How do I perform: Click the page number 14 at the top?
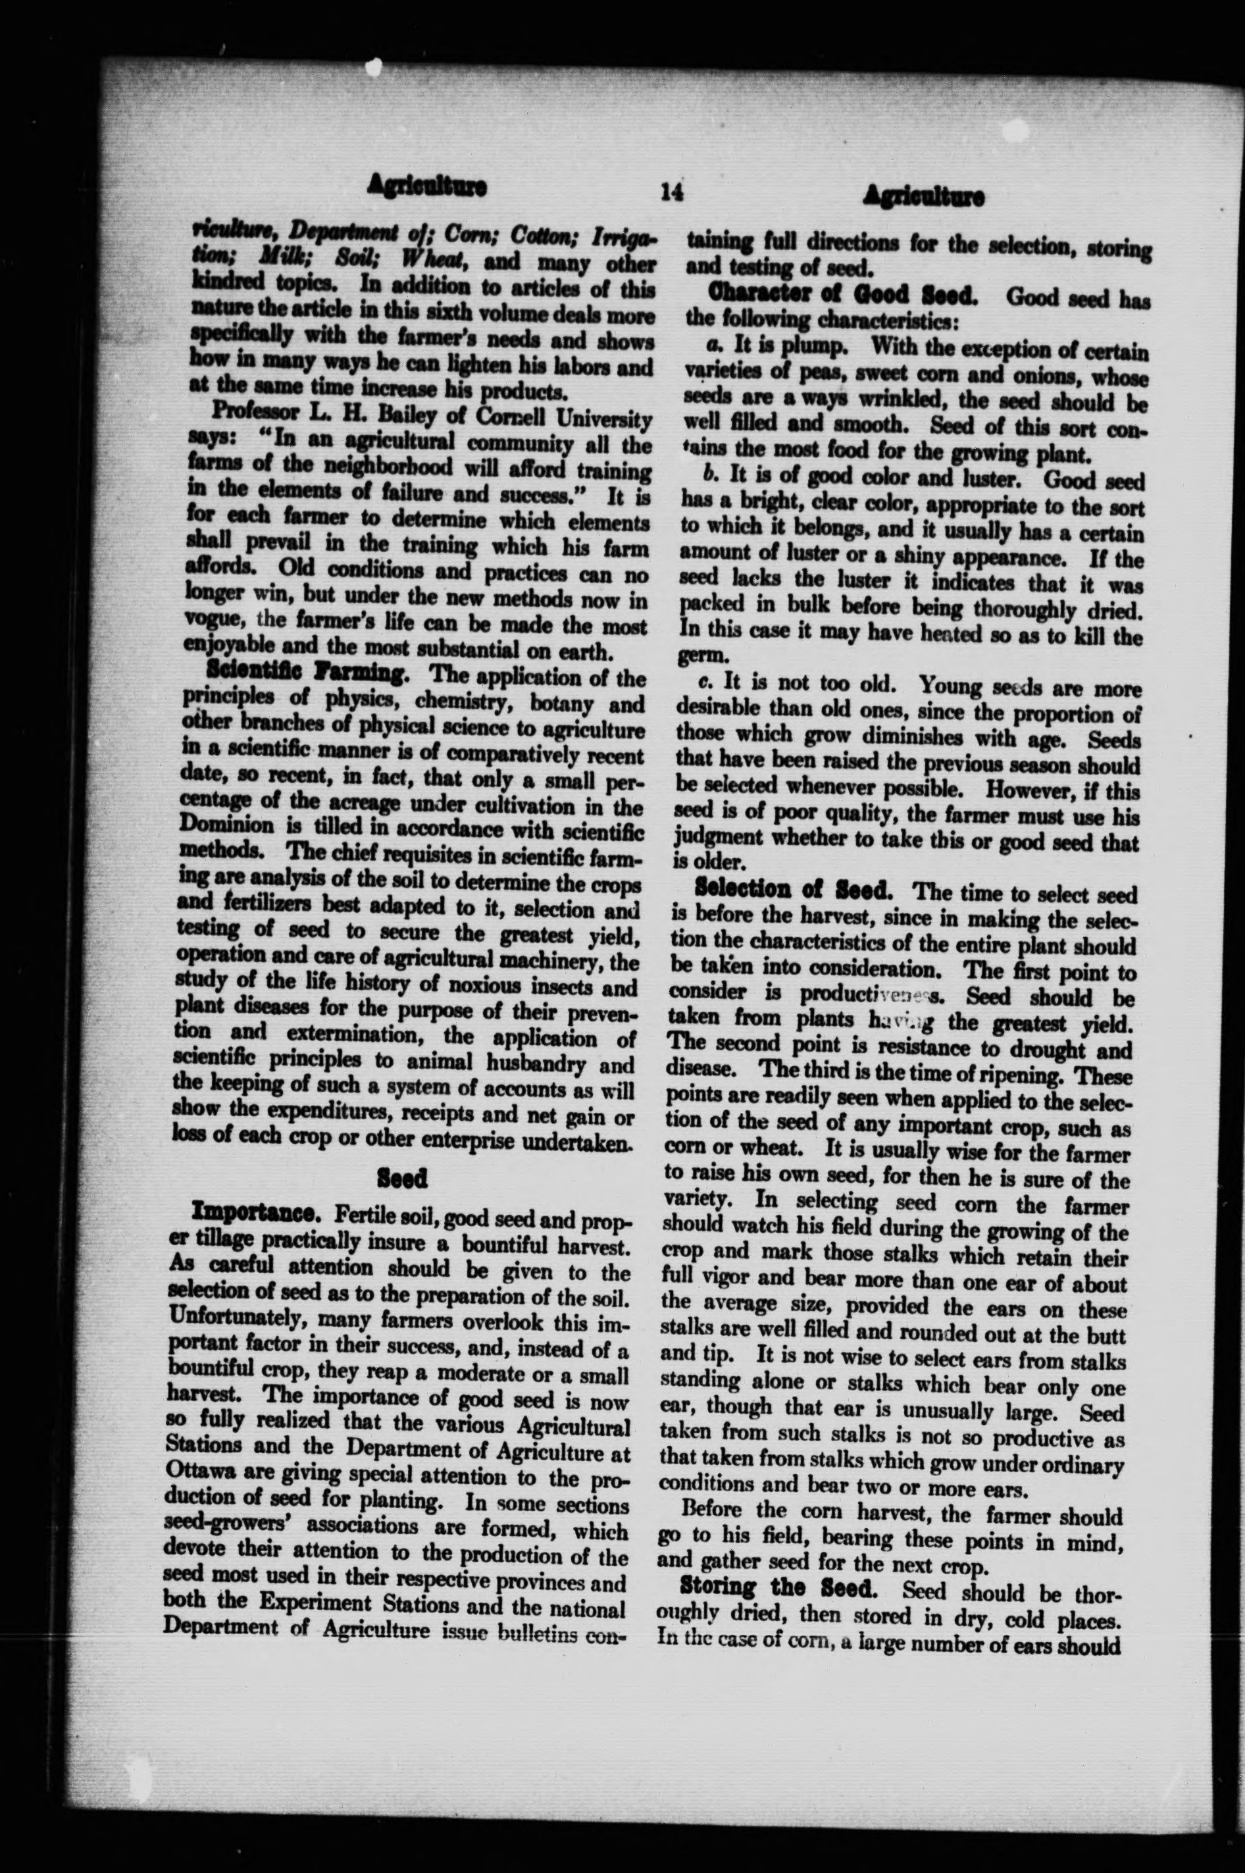(x=672, y=192)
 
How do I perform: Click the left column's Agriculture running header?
(x=428, y=188)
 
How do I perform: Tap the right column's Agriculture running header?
(x=923, y=196)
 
